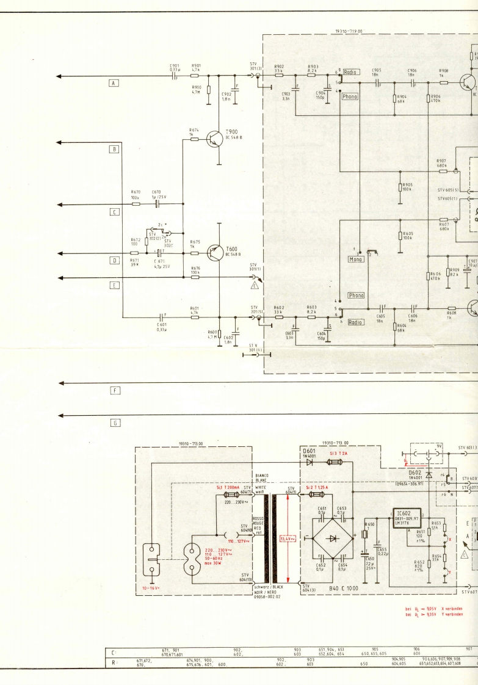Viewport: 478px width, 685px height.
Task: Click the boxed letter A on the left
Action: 113,83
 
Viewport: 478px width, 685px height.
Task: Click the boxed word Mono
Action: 356,259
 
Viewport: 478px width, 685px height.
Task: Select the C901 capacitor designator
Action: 175,65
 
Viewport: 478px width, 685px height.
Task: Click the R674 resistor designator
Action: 194,130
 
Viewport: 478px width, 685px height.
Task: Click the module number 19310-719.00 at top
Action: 349,31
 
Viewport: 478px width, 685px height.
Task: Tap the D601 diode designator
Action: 310,451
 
